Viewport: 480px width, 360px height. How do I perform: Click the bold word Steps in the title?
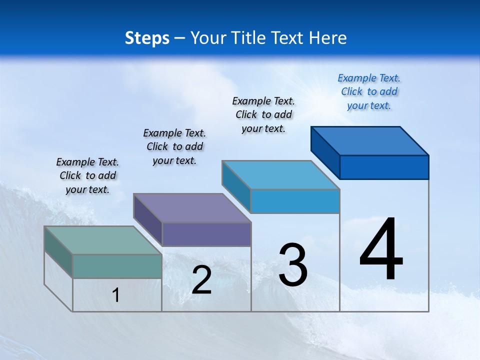147,38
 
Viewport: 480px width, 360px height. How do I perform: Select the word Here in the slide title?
328,38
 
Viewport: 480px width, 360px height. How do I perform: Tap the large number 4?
381,249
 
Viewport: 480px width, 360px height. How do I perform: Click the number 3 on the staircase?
293,265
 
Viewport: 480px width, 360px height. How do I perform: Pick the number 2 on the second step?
202,280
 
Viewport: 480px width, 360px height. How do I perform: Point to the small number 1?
116,295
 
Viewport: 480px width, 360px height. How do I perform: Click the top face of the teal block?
102,240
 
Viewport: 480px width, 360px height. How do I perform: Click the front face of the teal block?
117,266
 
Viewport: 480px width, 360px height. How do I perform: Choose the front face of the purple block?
206,234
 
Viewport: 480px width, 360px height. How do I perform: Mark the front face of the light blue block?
295,201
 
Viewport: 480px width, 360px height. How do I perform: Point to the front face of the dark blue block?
384,167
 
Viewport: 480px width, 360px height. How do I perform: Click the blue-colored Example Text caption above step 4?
369,91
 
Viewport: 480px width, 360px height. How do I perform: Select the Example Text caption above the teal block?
87,175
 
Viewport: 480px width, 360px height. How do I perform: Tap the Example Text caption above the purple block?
174,146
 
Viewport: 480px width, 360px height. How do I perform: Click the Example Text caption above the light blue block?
263,114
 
